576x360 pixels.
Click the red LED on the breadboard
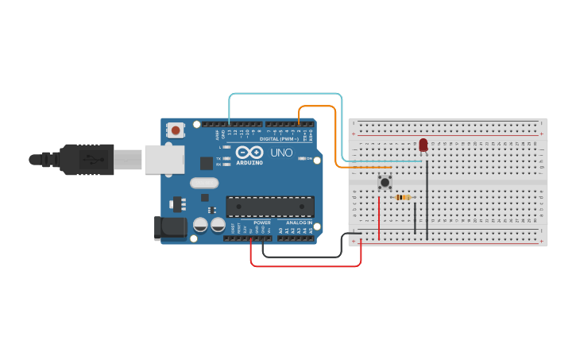[x=423, y=145]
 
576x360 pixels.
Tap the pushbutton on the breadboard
[x=385, y=182]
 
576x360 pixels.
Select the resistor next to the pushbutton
[x=403, y=197]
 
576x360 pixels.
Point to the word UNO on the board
[x=282, y=153]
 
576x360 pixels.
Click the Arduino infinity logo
[x=249, y=153]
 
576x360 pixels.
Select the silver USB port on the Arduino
[x=163, y=160]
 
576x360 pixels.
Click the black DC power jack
[x=172, y=228]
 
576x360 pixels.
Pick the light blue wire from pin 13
[x=286, y=95]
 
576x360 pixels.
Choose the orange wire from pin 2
[x=318, y=106]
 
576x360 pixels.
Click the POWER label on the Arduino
[x=262, y=223]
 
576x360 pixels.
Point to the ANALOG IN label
[x=300, y=223]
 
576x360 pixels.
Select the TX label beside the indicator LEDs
[x=218, y=158]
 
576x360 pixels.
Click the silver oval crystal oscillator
[x=204, y=183]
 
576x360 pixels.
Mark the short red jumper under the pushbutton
[x=379, y=219]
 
